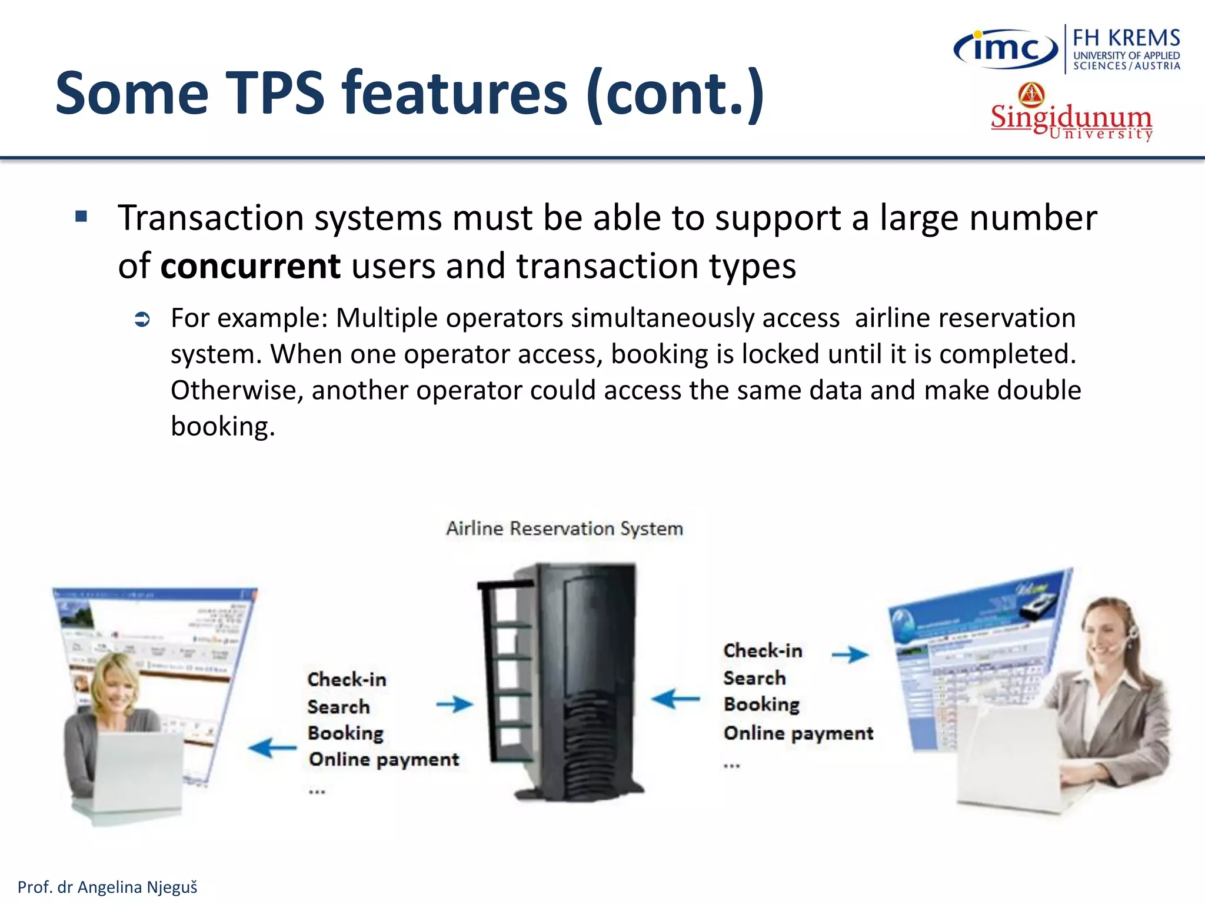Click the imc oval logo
point(1005,49)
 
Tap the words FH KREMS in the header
point(1126,38)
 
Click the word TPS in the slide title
point(275,93)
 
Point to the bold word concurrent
point(250,266)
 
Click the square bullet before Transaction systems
point(81,217)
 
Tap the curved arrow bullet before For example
point(142,320)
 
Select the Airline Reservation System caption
point(564,528)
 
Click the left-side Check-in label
point(347,679)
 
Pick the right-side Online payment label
point(798,733)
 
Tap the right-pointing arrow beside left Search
point(454,704)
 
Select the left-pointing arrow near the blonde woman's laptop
point(272,748)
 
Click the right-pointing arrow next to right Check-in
point(850,654)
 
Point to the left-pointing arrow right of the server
point(675,699)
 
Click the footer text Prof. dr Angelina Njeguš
point(108,887)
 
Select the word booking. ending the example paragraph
point(222,426)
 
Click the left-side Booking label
point(345,733)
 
